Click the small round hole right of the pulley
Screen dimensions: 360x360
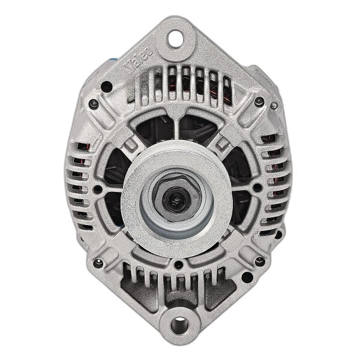click(257, 188)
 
